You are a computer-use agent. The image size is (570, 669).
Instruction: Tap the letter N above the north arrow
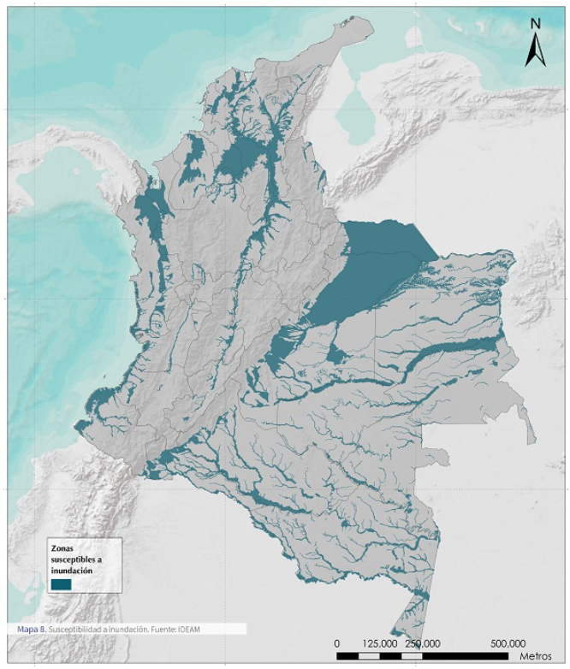[x=535, y=23]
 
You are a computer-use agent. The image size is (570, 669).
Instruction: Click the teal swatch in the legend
[x=60, y=583]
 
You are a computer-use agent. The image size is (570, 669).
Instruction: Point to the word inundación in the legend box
[x=71, y=569]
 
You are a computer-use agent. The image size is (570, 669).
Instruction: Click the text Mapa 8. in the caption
[x=31, y=629]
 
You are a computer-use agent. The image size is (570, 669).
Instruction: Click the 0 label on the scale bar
[x=337, y=642]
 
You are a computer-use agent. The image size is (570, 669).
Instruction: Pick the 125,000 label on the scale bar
[x=379, y=642]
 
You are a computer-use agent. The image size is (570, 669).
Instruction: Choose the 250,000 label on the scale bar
[x=422, y=642]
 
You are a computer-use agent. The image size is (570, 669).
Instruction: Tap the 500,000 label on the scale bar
[x=508, y=642]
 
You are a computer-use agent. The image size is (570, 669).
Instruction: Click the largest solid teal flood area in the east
[x=368, y=261]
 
